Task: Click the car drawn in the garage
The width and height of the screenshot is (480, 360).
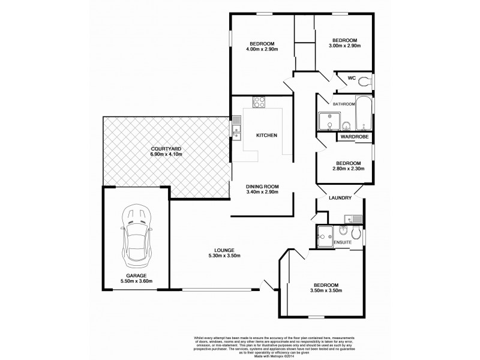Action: click(136, 238)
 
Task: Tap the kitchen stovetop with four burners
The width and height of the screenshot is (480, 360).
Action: click(259, 102)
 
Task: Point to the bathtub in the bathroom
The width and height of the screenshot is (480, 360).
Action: click(364, 114)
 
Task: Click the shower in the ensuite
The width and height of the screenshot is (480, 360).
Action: click(327, 235)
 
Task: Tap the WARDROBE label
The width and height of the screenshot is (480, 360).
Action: click(354, 137)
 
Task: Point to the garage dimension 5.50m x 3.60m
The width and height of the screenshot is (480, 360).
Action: click(136, 281)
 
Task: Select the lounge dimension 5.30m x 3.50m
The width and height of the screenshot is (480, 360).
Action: click(221, 256)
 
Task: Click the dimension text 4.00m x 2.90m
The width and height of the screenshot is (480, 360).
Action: click(262, 50)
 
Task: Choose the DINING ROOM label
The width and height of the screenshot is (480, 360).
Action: click(262, 186)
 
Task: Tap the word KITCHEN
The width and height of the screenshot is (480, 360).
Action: click(266, 136)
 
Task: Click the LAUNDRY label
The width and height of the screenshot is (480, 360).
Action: click(339, 198)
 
